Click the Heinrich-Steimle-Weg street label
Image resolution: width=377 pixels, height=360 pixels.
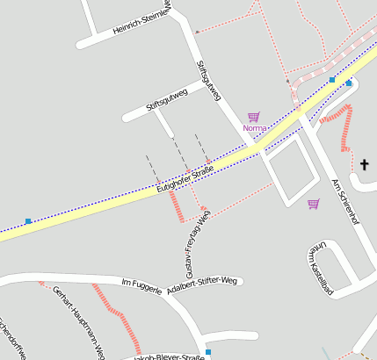coord(140,23)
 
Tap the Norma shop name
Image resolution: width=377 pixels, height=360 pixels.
coord(254,128)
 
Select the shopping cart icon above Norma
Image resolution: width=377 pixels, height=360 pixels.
coord(254,116)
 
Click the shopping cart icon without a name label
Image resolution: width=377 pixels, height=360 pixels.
coord(313,204)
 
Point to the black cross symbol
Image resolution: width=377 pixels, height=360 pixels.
coord(366,164)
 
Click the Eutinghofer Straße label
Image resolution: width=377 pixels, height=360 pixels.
coord(185,177)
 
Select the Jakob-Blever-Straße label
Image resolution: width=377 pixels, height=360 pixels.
coord(169,356)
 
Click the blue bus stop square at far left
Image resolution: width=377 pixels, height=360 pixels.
coord(28,221)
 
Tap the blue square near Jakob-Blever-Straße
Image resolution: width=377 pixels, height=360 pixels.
coord(208,351)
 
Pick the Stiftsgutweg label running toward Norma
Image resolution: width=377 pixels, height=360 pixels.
coord(209,80)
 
